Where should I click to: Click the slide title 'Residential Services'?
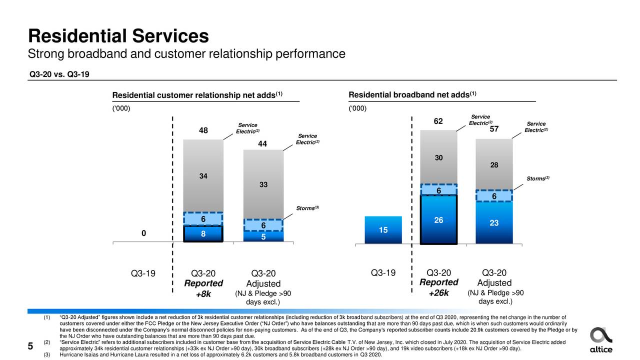tap(118, 36)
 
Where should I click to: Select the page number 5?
tap(30, 346)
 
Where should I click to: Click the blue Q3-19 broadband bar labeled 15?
tap(383, 230)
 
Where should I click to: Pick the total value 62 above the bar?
tap(438, 122)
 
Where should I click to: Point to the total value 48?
tap(203, 131)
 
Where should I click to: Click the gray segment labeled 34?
tap(203, 176)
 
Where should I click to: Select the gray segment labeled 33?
tap(263, 184)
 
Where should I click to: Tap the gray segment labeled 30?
tap(438, 157)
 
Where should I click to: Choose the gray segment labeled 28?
tap(494, 165)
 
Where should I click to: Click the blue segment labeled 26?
tap(438, 220)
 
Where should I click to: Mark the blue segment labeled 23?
tap(494, 223)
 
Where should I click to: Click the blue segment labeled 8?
tap(203, 233)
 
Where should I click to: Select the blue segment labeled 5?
tap(263, 237)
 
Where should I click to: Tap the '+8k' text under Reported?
tap(203, 294)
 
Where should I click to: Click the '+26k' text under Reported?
tap(438, 293)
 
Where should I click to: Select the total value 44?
tap(263, 144)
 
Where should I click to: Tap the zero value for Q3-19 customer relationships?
tap(143, 233)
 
